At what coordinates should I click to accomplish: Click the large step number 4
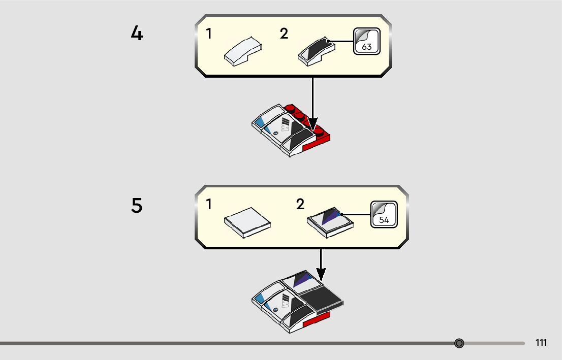[137, 34]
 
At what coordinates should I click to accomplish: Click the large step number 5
[137, 206]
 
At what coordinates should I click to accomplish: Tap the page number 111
[541, 343]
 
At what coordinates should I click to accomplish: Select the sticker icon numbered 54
[384, 214]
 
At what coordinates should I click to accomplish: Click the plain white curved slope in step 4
[244, 52]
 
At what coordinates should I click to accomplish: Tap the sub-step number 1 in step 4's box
[209, 34]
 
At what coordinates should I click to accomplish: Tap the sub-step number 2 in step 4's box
[284, 34]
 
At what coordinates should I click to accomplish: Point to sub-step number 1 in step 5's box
[209, 205]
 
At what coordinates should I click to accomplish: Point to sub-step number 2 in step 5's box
[300, 205]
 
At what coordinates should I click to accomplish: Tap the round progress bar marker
[459, 343]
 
